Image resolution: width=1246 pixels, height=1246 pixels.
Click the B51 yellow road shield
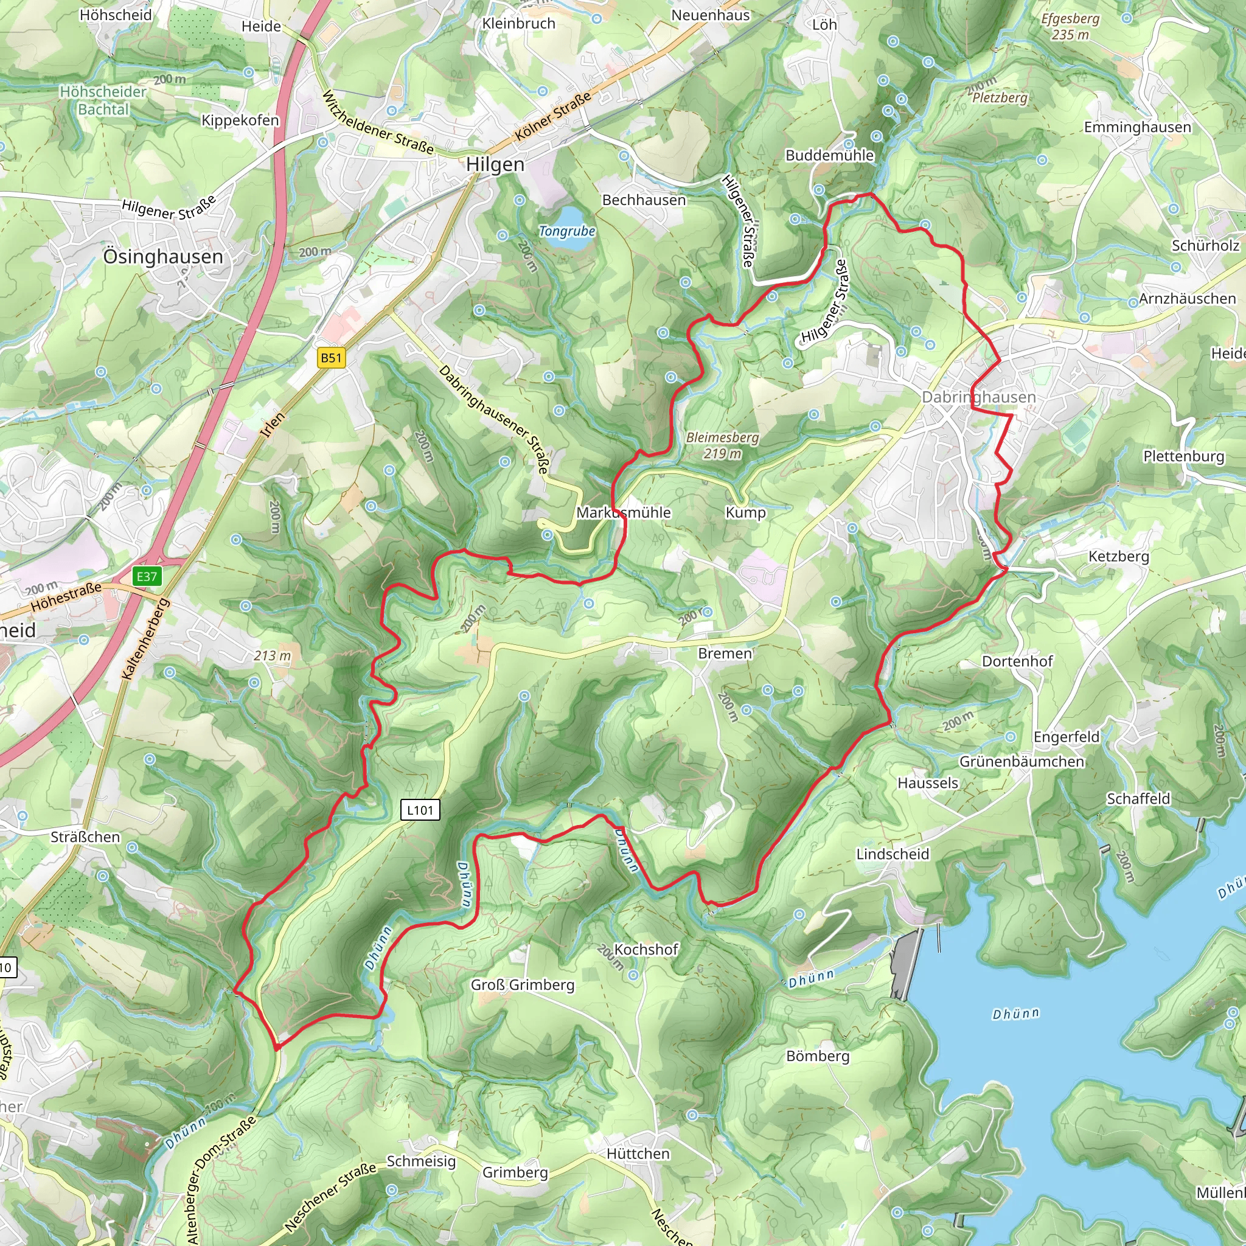(332, 358)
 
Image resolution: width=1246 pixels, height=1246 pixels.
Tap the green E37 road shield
(147, 577)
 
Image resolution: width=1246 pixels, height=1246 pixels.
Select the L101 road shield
(420, 810)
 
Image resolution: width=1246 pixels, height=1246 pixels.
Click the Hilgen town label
(495, 164)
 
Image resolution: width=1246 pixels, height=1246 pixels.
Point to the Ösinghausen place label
(163, 257)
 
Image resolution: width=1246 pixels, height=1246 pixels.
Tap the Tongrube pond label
(567, 231)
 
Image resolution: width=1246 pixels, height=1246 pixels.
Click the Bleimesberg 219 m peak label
(722, 445)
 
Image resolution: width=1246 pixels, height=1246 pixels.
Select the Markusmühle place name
(623, 513)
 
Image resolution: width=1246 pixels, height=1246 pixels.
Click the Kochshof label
(646, 949)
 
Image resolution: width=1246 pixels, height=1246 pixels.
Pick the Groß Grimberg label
(523, 985)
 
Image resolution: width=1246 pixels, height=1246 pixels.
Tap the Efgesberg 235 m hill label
(1070, 26)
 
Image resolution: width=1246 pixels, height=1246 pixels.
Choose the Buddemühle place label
(829, 155)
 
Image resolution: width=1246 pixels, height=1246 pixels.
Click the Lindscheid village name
(893, 854)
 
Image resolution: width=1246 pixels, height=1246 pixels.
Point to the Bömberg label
(818, 1056)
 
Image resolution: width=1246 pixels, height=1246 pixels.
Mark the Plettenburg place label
(1183, 457)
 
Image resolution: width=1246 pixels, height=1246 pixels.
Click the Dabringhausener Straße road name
(494, 419)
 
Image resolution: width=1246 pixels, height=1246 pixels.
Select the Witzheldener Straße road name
(378, 122)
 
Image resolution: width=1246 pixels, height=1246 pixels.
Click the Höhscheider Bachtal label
(103, 100)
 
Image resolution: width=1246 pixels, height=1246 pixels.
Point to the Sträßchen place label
(85, 837)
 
